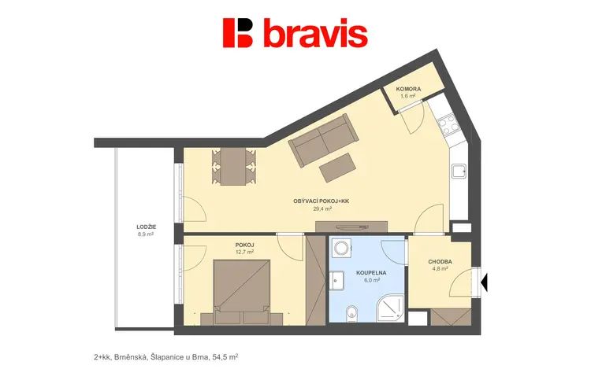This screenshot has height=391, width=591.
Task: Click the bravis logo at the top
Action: tap(295, 33)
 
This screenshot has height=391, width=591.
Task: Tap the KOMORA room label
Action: tap(408, 89)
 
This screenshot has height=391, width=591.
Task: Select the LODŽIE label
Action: tap(147, 227)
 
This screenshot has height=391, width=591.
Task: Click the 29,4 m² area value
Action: tap(322, 208)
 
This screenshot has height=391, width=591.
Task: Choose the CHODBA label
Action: tap(440, 261)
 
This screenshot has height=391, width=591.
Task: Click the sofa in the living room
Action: tap(323, 140)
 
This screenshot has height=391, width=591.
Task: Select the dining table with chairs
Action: tap(234, 166)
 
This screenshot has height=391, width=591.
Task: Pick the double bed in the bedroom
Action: tap(242, 291)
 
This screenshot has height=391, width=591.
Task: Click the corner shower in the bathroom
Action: tap(391, 308)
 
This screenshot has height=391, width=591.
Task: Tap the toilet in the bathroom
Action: tap(351, 313)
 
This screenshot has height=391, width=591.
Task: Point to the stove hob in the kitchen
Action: tap(449, 124)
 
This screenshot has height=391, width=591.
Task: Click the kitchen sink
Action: tap(459, 172)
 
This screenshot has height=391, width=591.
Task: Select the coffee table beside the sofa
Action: tap(338, 168)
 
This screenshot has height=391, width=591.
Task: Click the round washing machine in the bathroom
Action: tap(342, 249)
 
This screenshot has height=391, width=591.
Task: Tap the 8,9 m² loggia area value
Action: tap(146, 234)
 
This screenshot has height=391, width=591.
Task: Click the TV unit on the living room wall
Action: tap(351, 227)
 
